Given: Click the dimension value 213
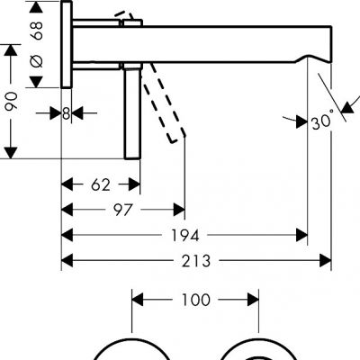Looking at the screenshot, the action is point(196,261).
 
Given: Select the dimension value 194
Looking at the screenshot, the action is point(184,235).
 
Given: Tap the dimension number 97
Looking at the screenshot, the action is point(122,210).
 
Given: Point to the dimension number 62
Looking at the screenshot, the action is point(101,184).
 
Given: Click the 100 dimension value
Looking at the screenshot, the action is point(195,300).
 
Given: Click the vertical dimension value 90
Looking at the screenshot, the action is point(12,103).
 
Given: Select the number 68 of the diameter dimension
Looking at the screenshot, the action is point(38,31).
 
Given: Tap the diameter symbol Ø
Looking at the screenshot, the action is point(37,61).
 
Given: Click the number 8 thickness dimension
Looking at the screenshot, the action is point(67,113).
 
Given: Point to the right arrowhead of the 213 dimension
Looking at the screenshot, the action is point(325,260).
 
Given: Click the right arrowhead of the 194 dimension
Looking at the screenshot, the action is point(301,235).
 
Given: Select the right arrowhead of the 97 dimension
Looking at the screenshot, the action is point(179,210).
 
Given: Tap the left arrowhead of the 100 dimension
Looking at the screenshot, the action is point(138,300).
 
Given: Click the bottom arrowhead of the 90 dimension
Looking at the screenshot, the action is point(11,153).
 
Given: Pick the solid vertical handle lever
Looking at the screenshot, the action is point(132,113).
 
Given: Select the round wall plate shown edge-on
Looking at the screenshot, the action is point(67,45).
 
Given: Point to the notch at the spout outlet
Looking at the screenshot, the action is point(312,58).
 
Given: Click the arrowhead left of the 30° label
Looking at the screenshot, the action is point(301,122).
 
